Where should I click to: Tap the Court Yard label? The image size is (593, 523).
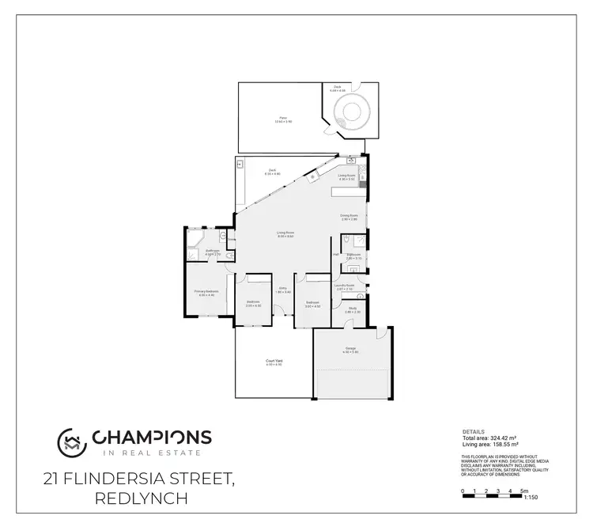[274, 363]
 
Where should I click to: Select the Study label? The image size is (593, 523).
[353, 309]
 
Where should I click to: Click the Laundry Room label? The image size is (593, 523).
[344, 287]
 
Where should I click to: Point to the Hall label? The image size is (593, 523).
[336, 254]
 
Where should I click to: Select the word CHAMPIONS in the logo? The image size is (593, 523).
[153, 437]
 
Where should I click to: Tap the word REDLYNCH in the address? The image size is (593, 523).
[142, 498]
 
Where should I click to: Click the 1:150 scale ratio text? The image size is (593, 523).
[530, 498]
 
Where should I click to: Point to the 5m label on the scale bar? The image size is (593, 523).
[523, 491]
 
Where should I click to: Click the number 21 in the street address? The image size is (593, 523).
[54, 478]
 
